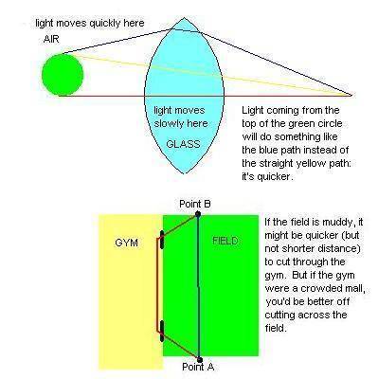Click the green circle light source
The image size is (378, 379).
(63, 75)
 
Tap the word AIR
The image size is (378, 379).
(51, 39)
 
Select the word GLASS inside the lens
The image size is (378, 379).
(183, 144)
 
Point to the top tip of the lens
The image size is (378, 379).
(184, 18)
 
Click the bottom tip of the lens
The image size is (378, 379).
(185, 173)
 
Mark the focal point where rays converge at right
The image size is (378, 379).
(351, 95)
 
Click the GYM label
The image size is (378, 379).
(127, 243)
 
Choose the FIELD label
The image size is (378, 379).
(225, 241)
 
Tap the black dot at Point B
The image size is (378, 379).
(198, 214)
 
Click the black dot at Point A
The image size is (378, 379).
(199, 359)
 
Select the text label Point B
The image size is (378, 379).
(195, 204)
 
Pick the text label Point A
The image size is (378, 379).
(198, 367)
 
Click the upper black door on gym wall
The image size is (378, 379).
(162, 240)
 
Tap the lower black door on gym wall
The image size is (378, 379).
(162, 331)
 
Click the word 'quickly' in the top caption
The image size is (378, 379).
(103, 24)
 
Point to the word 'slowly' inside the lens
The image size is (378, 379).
(169, 123)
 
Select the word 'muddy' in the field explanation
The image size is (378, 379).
(329, 223)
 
